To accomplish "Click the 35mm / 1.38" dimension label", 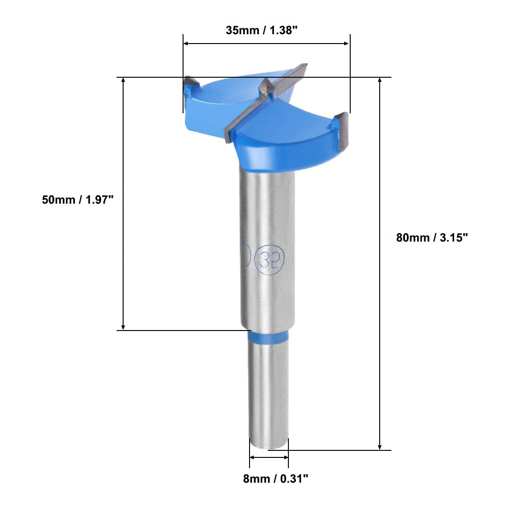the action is [x=261, y=30].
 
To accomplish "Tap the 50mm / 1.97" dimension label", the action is [x=78, y=200].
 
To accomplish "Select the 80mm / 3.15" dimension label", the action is [x=432, y=237].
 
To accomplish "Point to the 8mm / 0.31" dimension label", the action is [x=276, y=478].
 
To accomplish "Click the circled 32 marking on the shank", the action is [x=269, y=259].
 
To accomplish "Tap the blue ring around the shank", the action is [x=268, y=337].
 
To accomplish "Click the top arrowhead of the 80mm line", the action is [x=380, y=80].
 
